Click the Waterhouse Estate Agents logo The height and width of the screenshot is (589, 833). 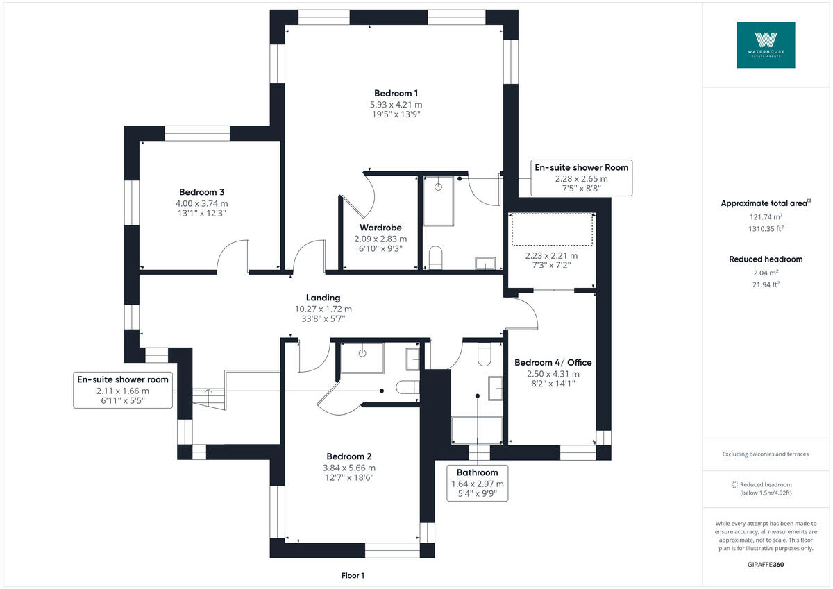[x=766, y=44]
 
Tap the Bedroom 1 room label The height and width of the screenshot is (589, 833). [x=396, y=93]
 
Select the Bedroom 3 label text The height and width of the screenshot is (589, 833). [x=201, y=192]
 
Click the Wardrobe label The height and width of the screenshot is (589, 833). [x=380, y=228]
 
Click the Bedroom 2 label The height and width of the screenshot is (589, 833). [x=349, y=456]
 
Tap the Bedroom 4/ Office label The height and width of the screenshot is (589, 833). [x=553, y=363]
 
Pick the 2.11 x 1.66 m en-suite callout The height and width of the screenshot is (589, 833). [x=123, y=390]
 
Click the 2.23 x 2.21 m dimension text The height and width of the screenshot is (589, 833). [x=551, y=255]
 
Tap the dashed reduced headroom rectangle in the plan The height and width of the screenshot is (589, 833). [x=553, y=230]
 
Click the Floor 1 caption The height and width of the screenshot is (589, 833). [x=353, y=575]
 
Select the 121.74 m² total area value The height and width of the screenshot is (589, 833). [x=765, y=216]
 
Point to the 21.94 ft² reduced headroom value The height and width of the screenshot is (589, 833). [x=765, y=284]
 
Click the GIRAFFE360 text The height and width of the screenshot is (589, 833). [x=766, y=564]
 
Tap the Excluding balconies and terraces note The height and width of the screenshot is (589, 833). [x=766, y=454]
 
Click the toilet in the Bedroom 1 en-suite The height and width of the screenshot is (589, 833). [x=436, y=257]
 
